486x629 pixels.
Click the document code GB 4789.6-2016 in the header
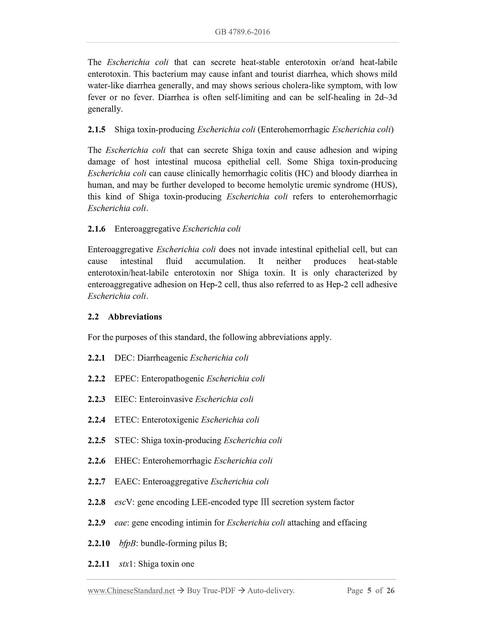(242, 32)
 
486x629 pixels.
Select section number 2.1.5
(97, 129)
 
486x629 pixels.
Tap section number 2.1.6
(97, 229)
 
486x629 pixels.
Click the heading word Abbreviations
(135, 317)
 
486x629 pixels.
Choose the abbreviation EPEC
(126, 379)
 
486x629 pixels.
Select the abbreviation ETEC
(126, 420)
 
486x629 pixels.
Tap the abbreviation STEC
(126, 441)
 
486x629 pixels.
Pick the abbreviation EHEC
(127, 461)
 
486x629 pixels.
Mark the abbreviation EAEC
(127, 482)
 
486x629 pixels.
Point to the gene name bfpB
(127, 544)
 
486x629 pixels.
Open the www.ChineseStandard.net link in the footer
(131, 591)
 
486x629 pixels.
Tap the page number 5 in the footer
(369, 591)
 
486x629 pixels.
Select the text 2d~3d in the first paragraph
(385, 98)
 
